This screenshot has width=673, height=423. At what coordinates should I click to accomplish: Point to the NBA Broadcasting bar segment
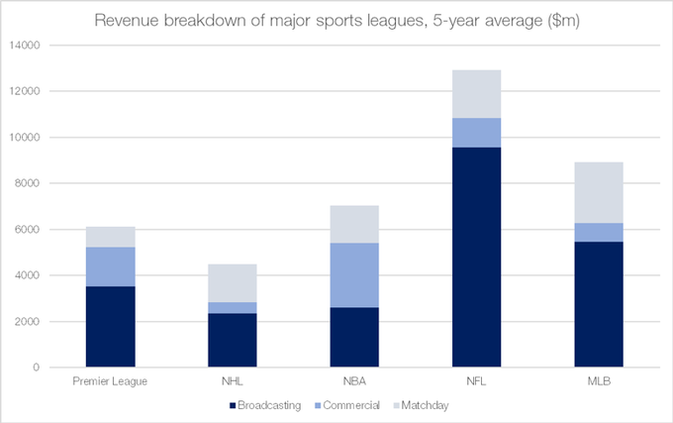354,337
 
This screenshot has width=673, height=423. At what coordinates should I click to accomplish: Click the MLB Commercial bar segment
598,233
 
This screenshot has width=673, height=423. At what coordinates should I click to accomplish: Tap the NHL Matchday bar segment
232,283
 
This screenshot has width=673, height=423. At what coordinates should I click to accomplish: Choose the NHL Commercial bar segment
232,308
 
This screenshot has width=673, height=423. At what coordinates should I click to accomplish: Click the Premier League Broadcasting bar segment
110,327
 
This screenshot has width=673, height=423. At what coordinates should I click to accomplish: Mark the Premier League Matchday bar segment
110,237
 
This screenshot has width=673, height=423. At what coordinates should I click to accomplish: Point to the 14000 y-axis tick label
25,46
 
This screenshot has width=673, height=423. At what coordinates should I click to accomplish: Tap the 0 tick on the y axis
37,368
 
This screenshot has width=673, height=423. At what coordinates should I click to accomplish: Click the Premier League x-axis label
110,381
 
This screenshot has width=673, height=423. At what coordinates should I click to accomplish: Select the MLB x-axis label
598,381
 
